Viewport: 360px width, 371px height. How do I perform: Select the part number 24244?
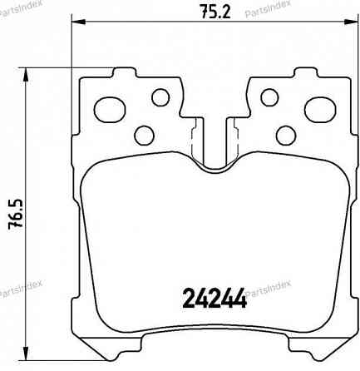pos(215,298)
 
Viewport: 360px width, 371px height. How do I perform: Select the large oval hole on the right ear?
pos(319,108)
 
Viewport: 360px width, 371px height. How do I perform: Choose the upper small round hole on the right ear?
pos(269,98)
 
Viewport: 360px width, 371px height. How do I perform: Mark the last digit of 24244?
pos(241,298)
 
